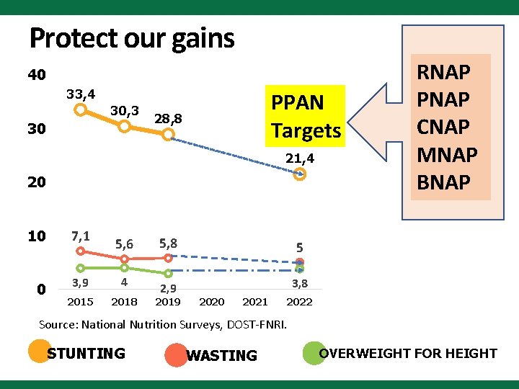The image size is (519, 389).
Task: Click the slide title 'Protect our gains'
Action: [132, 37]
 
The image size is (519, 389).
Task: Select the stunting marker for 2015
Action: [81, 109]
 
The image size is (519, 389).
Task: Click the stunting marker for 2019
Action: [168, 134]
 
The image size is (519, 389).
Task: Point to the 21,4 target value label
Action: [300, 158]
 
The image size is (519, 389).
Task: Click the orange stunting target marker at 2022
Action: [300, 174]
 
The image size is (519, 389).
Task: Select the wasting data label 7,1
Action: [80, 236]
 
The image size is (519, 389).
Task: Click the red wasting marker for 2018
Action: [125, 259]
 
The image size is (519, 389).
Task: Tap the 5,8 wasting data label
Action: [168, 243]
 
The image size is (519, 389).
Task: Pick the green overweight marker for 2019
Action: [168, 273]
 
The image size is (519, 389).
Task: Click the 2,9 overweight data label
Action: [168, 289]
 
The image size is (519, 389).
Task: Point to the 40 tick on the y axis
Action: [37, 75]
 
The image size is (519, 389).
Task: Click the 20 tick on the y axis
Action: [37, 182]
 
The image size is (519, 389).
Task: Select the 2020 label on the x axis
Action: [211, 302]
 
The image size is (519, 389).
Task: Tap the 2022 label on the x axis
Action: [300, 302]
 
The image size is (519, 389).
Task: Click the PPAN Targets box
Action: [305, 117]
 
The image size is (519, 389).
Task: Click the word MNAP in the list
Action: [447, 155]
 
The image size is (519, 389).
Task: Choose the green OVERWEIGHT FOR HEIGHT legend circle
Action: [312, 352]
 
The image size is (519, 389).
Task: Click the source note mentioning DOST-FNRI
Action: [163, 325]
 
